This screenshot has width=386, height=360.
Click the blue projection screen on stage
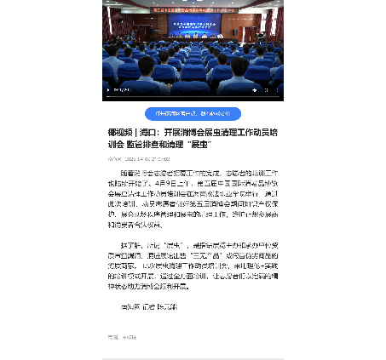(193, 29)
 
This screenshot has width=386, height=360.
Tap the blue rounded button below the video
(193, 114)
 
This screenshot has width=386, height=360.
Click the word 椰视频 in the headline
(119, 133)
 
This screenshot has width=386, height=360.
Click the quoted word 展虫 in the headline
(227, 145)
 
